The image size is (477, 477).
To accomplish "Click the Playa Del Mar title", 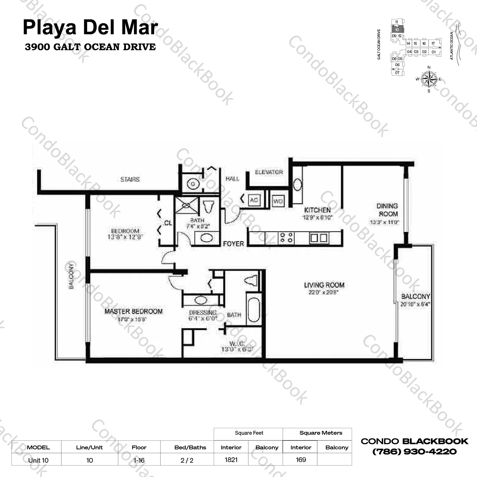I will coord(90,27).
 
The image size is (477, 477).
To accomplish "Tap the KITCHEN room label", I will coord(317,210).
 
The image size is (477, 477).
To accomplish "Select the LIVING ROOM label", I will coord(324,285).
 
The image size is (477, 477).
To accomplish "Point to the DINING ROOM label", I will coord(387,210).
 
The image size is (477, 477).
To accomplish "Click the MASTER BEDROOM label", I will coord(134,312).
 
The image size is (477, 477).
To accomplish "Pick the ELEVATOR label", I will coord(269,172).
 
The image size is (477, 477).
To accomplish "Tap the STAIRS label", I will coord(130,180).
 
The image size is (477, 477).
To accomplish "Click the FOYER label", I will coord(233,244).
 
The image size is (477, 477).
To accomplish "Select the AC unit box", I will coord(254,200).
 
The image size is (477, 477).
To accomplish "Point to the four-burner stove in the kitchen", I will coord(286,238).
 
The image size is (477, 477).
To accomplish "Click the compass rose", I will coord(429,79).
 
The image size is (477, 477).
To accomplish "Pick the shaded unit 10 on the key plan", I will coord(397,30).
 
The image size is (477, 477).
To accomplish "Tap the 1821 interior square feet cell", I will coord(231,460).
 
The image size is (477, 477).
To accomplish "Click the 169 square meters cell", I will coord(301,460).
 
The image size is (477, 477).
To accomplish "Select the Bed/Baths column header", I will coord(190,447).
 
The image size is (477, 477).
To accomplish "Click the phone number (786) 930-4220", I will coord(414,452).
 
